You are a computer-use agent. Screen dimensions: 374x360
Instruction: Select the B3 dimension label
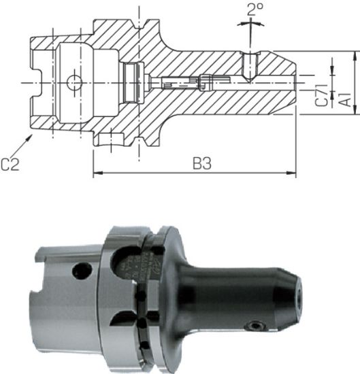click(201, 163)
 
